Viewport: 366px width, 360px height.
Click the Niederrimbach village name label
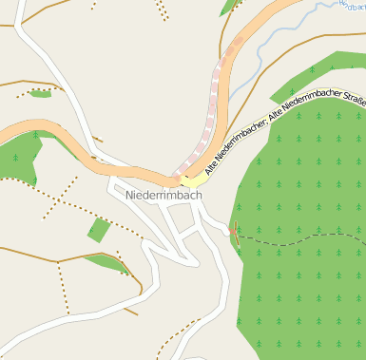pos(164,195)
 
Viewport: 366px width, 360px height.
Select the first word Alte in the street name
pos(218,162)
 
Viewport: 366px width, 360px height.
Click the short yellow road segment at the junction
pos(194,179)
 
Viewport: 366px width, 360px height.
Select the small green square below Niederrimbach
pos(98,229)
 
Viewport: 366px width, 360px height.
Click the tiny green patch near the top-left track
pos(40,93)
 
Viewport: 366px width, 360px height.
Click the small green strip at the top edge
pos(229,7)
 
